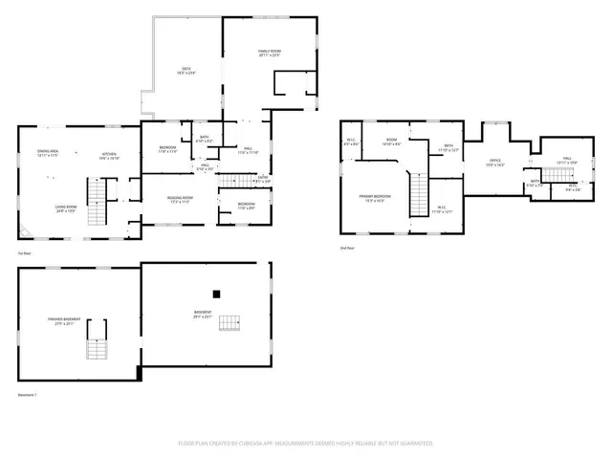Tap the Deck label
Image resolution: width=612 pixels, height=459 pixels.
pos(187,70)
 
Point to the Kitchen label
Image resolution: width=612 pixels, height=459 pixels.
pos(110,156)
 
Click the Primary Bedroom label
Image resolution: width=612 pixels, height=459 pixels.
pos(371,198)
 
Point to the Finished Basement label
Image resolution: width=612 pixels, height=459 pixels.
pos(65,320)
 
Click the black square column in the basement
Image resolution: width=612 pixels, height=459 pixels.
pos(217,294)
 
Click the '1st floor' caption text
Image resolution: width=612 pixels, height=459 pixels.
pos(24,252)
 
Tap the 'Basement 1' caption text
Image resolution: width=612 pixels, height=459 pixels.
pos(27,393)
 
